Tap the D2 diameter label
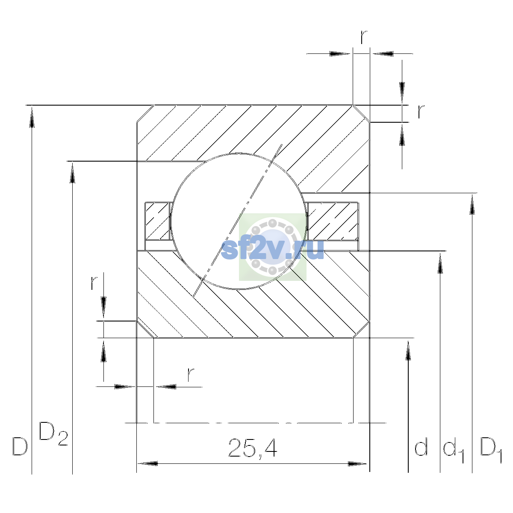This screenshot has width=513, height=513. (53, 433)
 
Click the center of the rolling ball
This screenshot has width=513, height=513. (239, 221)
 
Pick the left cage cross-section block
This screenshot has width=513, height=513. (158, 221)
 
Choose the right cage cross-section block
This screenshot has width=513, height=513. (333, 221)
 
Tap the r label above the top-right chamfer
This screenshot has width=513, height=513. (364, 37)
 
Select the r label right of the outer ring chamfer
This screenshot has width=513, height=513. (421, 112)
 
